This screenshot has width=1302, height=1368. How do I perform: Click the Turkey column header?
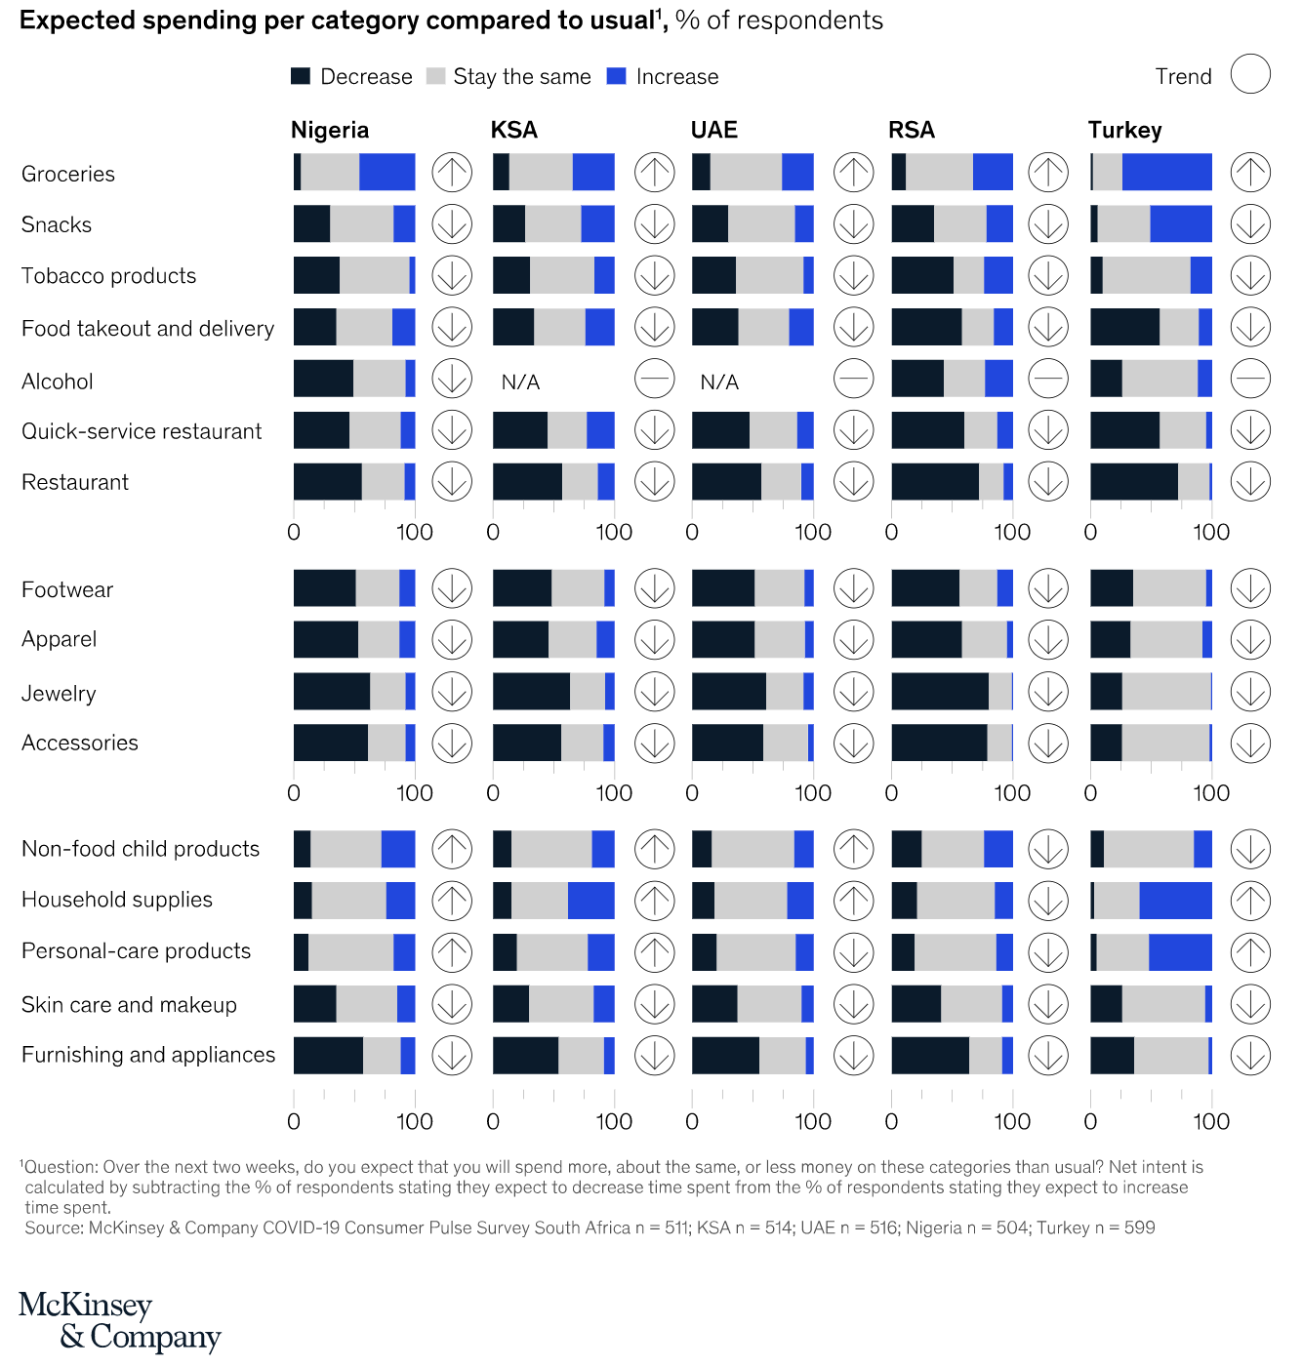click(x=1124, y=131)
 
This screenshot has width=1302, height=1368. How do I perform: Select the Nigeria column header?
click(x=330, y=131)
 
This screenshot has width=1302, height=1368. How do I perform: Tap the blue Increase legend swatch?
click(x=616, y=76)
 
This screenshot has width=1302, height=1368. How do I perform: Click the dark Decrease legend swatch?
click(x=301, y=76)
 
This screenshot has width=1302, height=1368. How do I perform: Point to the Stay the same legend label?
click(x=522, y=77)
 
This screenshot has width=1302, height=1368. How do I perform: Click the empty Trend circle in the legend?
click(x=1250, y=74)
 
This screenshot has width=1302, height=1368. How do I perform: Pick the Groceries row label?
click(x=68, y=175)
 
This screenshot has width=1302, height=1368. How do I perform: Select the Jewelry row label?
click(x=59, y=694)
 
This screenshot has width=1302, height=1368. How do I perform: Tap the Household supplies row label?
click(x=117, y=900)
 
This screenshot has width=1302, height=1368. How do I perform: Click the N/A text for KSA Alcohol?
click(x=520, y=382)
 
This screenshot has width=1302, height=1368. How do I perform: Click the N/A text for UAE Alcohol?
click(x=719, y=382)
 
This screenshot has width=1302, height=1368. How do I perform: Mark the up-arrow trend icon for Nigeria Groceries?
click(x=452, y=173)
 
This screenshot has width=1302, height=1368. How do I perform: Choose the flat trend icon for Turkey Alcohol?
click(x=1250, y=379)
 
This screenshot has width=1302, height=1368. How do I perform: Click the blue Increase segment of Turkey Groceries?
click(x=1166, y=173)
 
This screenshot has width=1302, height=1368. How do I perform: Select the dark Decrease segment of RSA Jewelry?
click(x=939, y=692)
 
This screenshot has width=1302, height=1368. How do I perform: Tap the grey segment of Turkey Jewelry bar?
click(x=1166, y=692)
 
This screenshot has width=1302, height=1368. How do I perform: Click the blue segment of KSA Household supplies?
click(x=590, y=901)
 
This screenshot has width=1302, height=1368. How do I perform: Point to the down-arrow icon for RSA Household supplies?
click(x=1048, y=901)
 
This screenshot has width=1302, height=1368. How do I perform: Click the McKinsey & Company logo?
click(x=119, y=1321)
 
